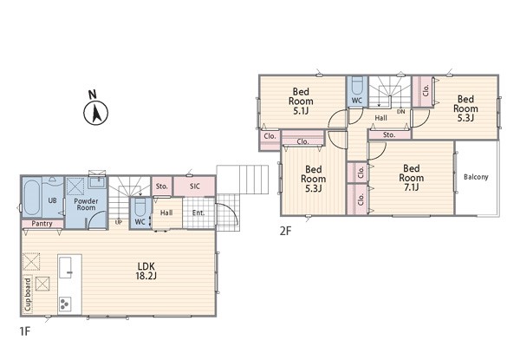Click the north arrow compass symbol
(95, 113)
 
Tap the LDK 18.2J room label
(146, 271)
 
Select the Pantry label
(42, 224)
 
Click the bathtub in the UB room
(32, 197)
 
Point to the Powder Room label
(86, 205)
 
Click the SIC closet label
(195, 187)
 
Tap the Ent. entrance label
(198, 213)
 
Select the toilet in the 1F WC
(140, 207)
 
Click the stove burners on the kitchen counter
(64, 304)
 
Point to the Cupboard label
(28, 295)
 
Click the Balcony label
(476, 177)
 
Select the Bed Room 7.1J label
(411, 178)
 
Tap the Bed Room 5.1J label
(301, 101)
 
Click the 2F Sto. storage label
(389, 135)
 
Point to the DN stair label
(401, 112)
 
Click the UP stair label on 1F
(119, 222)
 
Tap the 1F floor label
(25, 331)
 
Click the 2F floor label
(285, 231)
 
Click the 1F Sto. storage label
(161, 187)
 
